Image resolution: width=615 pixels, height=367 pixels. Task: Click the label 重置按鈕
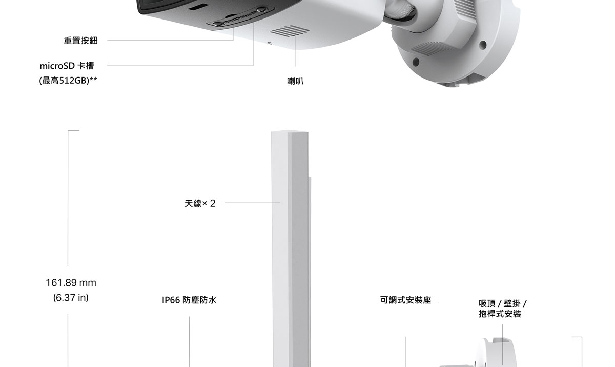(81, 41)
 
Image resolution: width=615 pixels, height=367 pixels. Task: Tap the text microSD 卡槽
(67, 66)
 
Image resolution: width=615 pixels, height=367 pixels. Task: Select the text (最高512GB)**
(68, 81)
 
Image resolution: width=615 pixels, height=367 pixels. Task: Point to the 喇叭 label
(295, 81)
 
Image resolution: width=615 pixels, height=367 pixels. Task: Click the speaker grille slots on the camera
(290, 31)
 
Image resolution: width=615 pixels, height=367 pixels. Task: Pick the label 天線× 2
(200, 203)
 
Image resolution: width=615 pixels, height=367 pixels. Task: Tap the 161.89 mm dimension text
(71, 283)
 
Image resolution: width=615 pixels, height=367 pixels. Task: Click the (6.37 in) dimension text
(71, 298)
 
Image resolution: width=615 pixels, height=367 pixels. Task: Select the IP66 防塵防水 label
(189, 300)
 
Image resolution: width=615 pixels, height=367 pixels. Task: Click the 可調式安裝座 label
(406, 300)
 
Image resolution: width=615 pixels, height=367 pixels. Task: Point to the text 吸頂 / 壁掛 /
(503, 303)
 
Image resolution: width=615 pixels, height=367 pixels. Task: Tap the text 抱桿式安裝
(500, 314)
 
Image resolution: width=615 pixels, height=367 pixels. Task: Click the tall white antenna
(290, 247)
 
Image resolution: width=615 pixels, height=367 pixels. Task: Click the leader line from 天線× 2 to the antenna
(253, 203)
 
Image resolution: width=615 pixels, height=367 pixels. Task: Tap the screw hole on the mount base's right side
(483, 45)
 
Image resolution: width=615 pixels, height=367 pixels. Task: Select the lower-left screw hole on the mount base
(416, 62)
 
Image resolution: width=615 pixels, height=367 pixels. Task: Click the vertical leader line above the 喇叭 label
(295, 48)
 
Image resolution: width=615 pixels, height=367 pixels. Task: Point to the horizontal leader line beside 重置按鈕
(170, 41)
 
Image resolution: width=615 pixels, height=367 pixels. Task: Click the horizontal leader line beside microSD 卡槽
(180, 65)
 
